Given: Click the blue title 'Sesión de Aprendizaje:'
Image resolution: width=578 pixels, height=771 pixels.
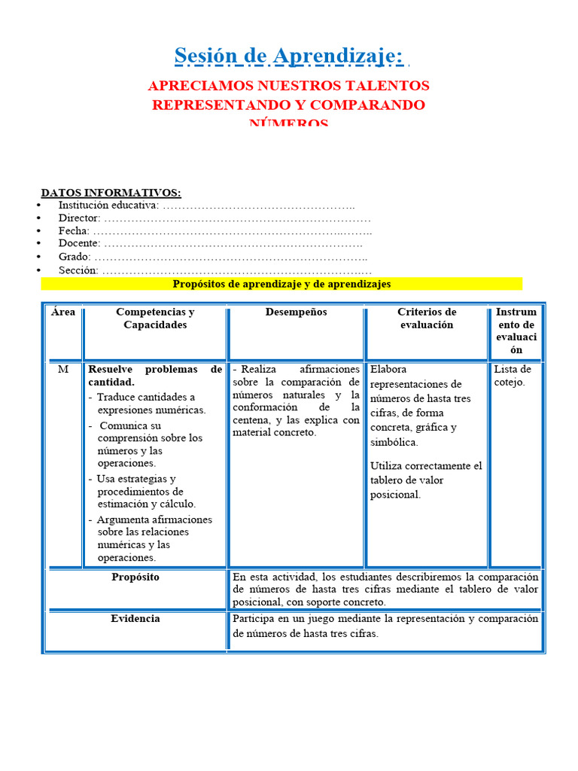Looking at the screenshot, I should click(x=288, y=56).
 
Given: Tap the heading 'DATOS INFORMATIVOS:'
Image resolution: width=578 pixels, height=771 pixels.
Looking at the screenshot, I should click(x=111, y=193).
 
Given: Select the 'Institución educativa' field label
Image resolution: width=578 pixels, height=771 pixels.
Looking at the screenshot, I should click(x=108, y=205).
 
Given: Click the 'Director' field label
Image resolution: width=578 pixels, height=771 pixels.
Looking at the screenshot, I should click(x=79, y=218).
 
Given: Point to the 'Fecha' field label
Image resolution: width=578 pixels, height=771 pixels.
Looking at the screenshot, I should click(x=74, y=231).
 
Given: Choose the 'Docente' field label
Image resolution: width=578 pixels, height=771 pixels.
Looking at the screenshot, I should click(x=79, y=244).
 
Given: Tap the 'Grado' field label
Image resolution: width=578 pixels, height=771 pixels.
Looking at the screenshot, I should click(x=75, y=257).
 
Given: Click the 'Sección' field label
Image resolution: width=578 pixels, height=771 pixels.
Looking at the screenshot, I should click(x=78, y=270).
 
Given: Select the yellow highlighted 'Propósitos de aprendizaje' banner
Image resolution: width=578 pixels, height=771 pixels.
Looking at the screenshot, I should click(x=281, y=284).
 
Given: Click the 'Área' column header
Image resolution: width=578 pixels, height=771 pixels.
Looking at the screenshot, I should click(x=63, y=312).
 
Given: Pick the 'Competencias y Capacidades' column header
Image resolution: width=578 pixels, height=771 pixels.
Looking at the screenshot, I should click(x=155, y=318).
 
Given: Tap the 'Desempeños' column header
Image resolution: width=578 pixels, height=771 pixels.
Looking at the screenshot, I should click(x=296, y=312).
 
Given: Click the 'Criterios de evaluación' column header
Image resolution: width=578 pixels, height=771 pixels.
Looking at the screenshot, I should click(x=426, y=318).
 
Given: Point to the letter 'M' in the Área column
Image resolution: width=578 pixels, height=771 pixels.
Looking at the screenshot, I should click(x=63, y=370).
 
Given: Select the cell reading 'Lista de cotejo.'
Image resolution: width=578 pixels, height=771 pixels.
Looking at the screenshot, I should click(x=513, y=376).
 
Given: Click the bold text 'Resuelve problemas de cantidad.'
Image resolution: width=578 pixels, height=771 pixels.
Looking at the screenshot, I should click(x=154, y=376).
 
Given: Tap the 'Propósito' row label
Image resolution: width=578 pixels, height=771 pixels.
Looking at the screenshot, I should click(x=135, y=577).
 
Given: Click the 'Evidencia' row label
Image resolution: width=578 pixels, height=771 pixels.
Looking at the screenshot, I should click(x=135, y=619).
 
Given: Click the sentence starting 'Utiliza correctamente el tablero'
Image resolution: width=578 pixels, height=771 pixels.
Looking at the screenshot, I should click(x=426, y=480).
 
